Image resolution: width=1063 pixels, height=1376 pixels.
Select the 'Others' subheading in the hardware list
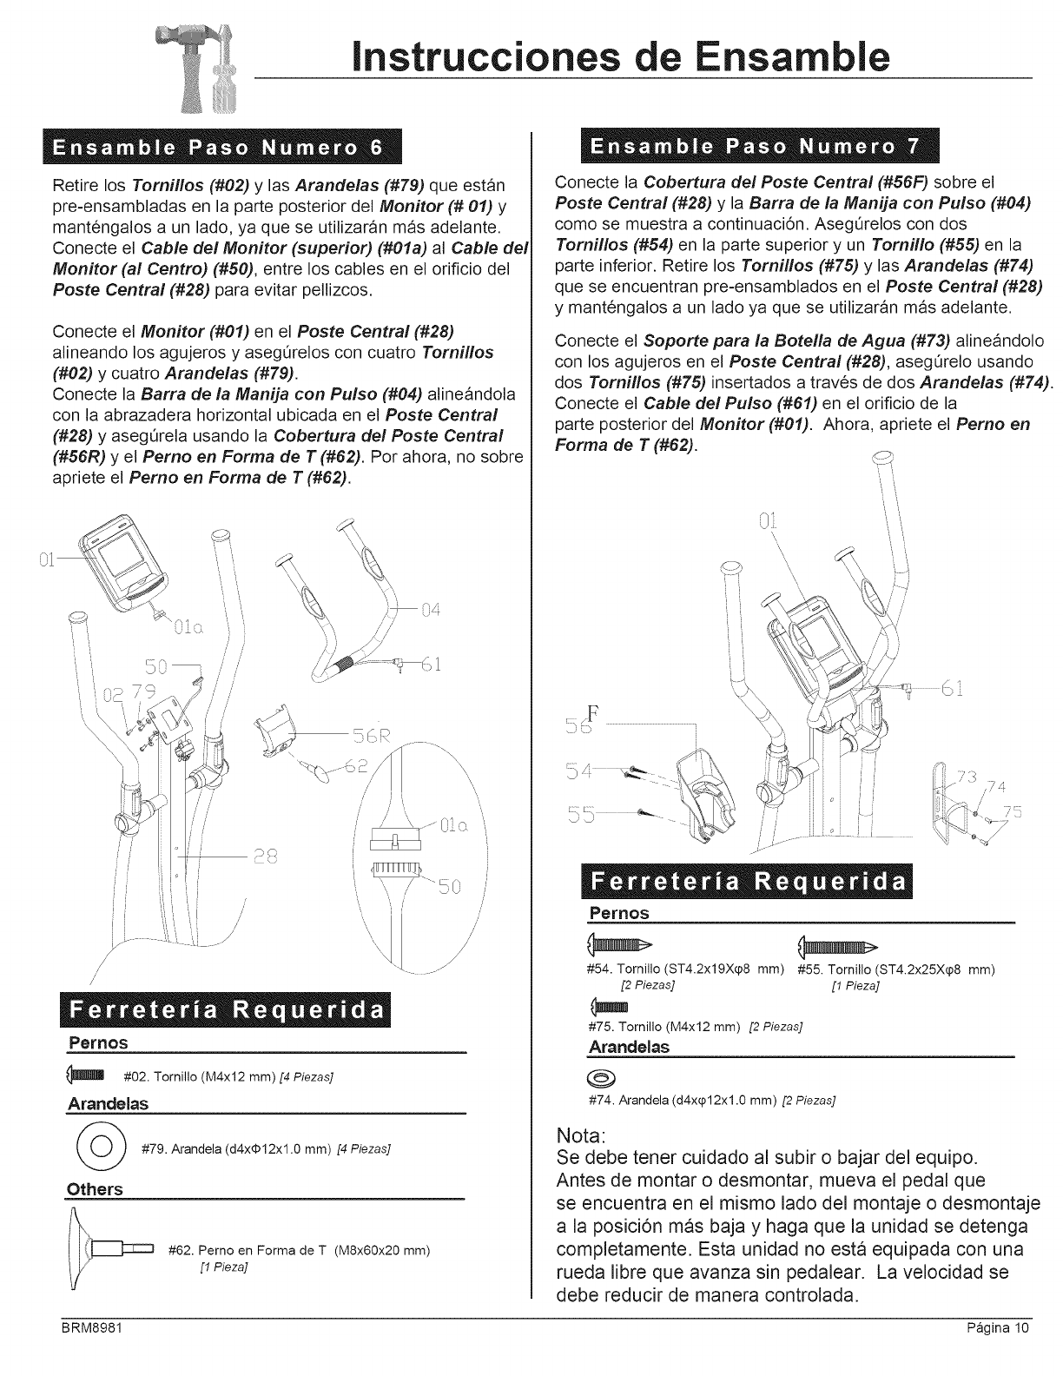tap(95, 1188)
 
